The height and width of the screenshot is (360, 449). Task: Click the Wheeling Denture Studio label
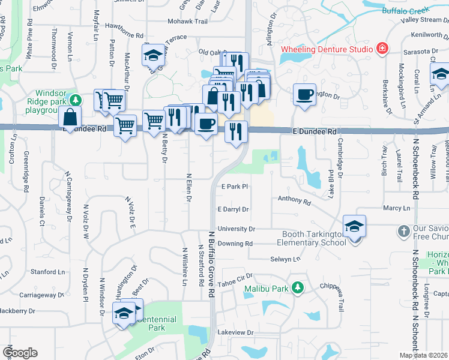pyautogui.click(x=327, y=47)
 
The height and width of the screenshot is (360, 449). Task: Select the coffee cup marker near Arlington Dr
pyautogui.click(x=304, y=94)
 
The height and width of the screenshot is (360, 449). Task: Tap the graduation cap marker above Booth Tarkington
pyautogui.click(x=354, y=226)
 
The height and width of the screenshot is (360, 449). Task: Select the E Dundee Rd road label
pyautogui.click(x=314, y=131)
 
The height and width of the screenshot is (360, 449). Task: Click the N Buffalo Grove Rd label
pyautogui.click(x=211, y=264)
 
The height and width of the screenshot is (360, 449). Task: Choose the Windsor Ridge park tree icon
pyautogui.click(x=74, y=100)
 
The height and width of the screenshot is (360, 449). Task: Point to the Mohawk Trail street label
pyautogui.click(x=187, y=21)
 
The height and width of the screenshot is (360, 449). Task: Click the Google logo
pyautogui.click(x=20, y=352)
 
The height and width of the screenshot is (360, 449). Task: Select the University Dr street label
pyautogui.click(x=237, y=229)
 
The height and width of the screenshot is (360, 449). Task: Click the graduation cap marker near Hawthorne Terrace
pyautogui.click(x=153, y=56)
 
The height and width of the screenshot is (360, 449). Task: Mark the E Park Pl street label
pyautogui.click(x=235, y=187)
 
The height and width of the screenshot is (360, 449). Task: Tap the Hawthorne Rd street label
pyautogui.click(x=125, y=35)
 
